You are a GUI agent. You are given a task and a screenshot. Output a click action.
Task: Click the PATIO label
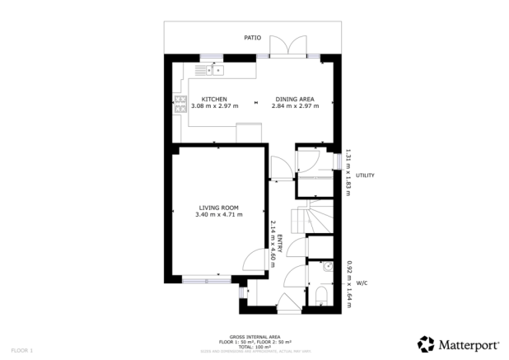click(254, 38)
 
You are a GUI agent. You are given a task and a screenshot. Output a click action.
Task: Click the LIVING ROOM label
click(218, 208)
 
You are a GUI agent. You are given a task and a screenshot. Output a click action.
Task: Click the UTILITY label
click(366, 175)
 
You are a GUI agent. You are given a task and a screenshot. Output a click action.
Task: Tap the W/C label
click(362, 283)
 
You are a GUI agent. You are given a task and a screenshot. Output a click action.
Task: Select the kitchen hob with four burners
click(180, 105)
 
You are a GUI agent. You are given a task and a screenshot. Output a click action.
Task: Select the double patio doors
click(290, 48)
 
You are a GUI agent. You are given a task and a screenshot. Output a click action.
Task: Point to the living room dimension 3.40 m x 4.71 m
click(218, 215)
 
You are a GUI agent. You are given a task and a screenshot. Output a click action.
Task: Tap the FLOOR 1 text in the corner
click(21, 350)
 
